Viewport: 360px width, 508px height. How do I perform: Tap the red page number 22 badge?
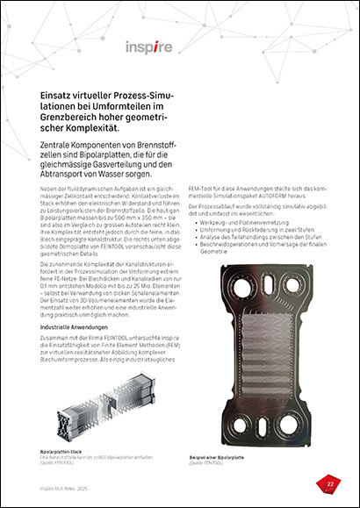329,482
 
